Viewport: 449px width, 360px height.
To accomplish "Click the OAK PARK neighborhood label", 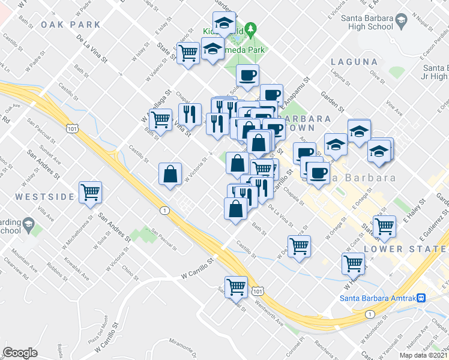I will pos(71,25).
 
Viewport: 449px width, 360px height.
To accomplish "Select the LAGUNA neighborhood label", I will pos(354,62).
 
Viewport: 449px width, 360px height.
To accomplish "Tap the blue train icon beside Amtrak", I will pos(421,298).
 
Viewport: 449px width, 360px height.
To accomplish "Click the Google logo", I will pos(20,353).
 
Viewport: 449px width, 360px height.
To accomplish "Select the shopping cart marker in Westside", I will pos(90,193).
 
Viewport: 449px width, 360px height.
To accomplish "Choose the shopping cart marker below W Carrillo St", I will pos(237,286).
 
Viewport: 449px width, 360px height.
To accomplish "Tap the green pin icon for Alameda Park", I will pos(252,28).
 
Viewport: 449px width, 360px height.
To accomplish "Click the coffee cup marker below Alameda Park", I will pos(247,76).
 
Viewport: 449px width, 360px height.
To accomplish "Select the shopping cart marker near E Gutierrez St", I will pos(384,226).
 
